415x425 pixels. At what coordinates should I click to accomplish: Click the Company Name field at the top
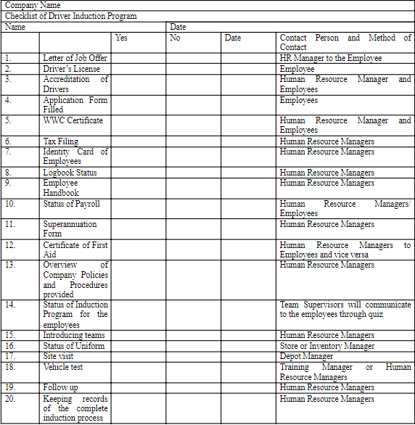pos(33,5)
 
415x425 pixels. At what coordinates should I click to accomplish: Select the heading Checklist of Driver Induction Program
pos(70,16)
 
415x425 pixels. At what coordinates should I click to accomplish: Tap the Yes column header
pos(121,38)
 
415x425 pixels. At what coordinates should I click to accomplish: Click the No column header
pos(175,38)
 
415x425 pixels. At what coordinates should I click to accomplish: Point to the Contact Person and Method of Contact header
pos(345,42)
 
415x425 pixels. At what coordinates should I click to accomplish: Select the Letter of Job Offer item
pos(74,58)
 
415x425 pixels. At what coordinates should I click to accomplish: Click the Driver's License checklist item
pos(71,69)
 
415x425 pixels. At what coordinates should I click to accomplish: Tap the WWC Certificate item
pos(73,120)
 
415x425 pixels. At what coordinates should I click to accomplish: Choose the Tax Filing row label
pos(60,141)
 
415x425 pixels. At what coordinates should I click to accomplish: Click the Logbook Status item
pos(70,173)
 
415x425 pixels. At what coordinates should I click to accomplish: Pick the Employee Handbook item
pos(61,188)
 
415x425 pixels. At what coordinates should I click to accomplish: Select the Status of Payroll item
pos(71,204)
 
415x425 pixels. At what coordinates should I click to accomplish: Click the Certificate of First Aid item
pos(75,250)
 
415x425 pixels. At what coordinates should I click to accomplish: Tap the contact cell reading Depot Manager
pos(306,356)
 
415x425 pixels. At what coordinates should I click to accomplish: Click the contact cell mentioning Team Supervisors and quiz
pos(345,310)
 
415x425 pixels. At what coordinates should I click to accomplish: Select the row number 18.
pos(9,367)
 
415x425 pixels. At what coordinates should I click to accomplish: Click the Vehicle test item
pos(62,367)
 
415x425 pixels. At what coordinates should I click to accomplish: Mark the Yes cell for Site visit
pos(138,356)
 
